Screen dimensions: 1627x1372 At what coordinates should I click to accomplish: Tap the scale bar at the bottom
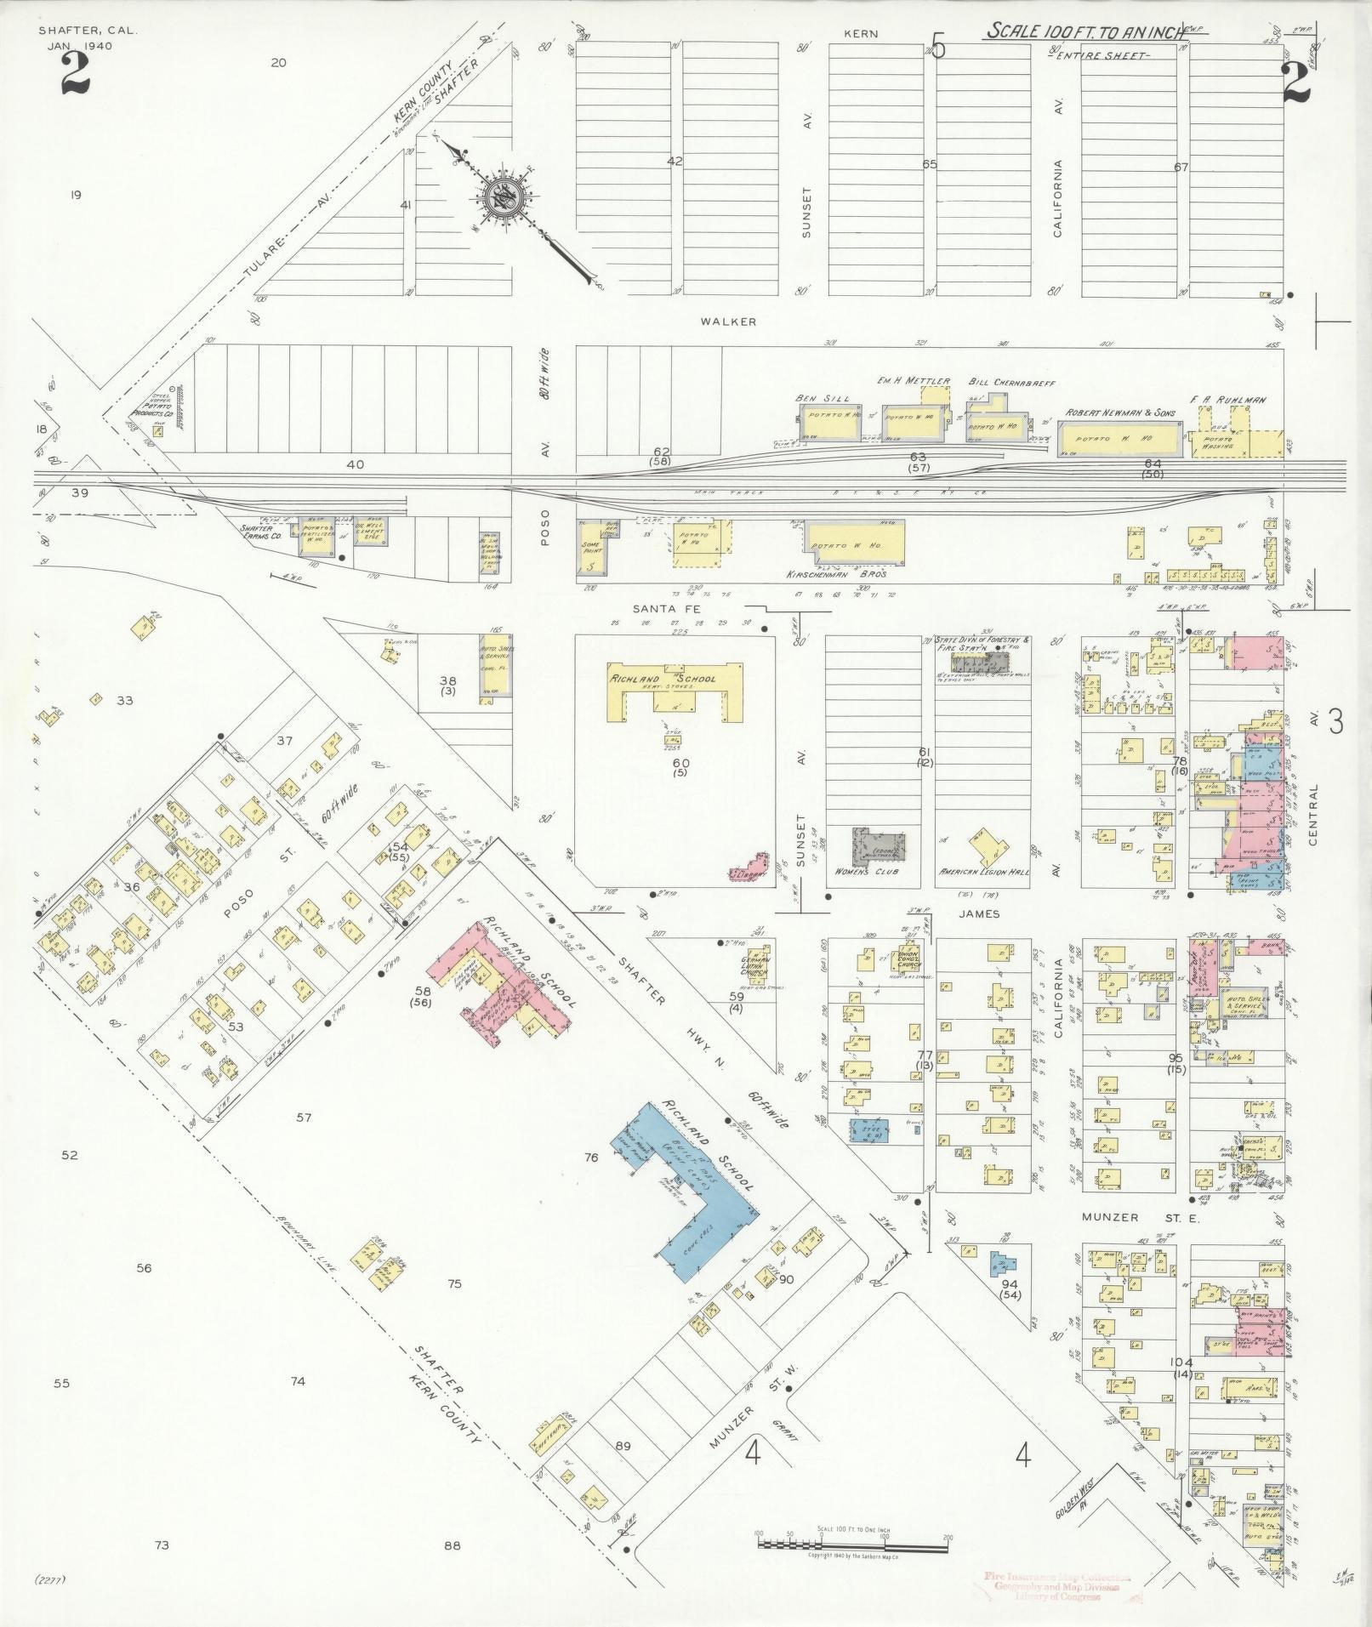click(x=853, y=1540)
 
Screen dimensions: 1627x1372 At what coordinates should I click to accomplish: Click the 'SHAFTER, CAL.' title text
click(x=88, y=30)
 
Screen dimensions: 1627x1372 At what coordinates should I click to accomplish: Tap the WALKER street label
click(x=728, y=321)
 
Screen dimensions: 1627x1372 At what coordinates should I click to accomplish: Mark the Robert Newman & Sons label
click(x=1120, y=412)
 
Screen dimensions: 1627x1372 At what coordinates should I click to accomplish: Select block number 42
click(x=675, y=160)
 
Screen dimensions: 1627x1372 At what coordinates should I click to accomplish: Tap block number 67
click(x=1180, y=168)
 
